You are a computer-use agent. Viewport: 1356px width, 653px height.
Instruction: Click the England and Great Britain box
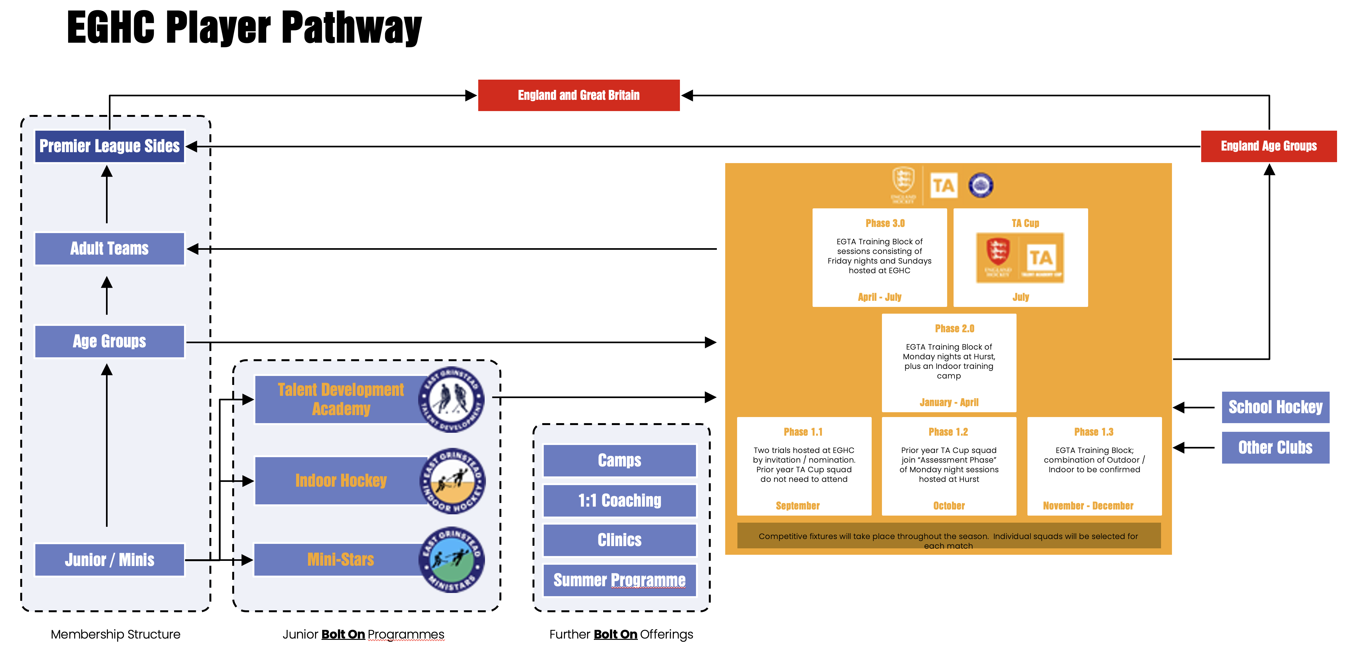click(x=578, y=95)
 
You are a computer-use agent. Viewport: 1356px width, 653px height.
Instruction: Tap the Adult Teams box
click(x=110, y=248)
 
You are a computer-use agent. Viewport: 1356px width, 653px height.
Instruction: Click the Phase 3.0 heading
click(x=885, y=223)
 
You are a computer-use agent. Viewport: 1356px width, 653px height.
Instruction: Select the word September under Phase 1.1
click(x=797, y=506)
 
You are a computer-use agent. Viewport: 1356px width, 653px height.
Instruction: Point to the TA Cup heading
click(x=1025, y=223)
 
